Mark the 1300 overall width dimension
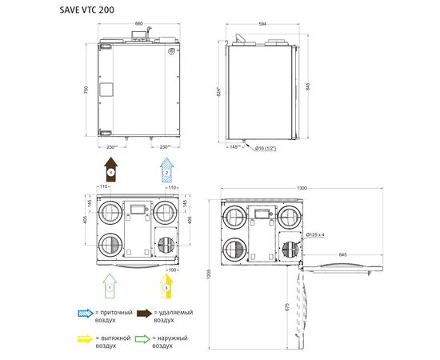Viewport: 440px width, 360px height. tap(302, 188)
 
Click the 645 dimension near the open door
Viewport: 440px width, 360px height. tap(342, 254)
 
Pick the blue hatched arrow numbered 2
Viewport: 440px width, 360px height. tap(166, 170)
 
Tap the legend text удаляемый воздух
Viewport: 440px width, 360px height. tap(174, 316)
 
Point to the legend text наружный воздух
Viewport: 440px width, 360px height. tap(173, 342)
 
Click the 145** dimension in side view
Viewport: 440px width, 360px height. tap(235, 147)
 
